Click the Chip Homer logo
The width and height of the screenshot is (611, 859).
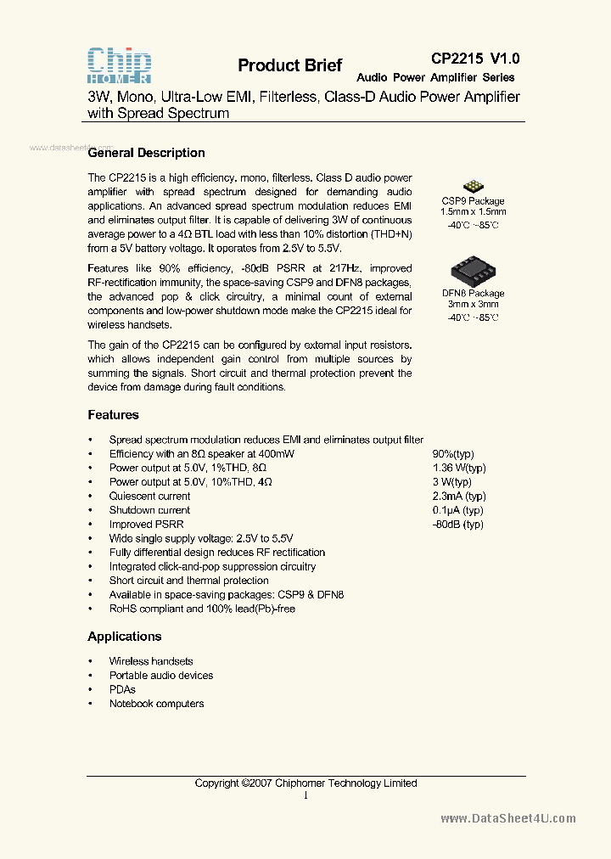point(120,65)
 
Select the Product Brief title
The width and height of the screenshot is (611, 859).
point(289,65)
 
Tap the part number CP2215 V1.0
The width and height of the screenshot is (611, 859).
point(475,59)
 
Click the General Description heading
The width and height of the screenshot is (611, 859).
point(146,153)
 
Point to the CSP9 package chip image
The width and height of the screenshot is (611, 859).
point(473,187)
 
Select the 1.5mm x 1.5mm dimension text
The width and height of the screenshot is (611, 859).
point(473,211)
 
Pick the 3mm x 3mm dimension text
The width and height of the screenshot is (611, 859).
point(473,304)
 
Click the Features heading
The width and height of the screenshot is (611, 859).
point(113,415)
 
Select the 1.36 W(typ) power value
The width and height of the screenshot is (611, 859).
point(459,468)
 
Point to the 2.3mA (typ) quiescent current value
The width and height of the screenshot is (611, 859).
point(459,496)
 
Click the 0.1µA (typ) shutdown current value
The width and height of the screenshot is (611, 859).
point(457,510)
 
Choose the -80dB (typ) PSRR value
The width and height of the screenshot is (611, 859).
point(457,525)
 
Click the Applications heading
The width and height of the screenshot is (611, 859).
point(124,637)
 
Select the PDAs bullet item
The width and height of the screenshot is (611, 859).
point(122,689)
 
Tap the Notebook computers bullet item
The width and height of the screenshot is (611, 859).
point(156,704)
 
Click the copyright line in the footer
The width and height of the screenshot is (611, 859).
point(305,783)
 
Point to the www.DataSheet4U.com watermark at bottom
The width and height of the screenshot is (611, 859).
point(508,818)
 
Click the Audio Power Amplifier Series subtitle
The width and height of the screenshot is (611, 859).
point(435,77)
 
